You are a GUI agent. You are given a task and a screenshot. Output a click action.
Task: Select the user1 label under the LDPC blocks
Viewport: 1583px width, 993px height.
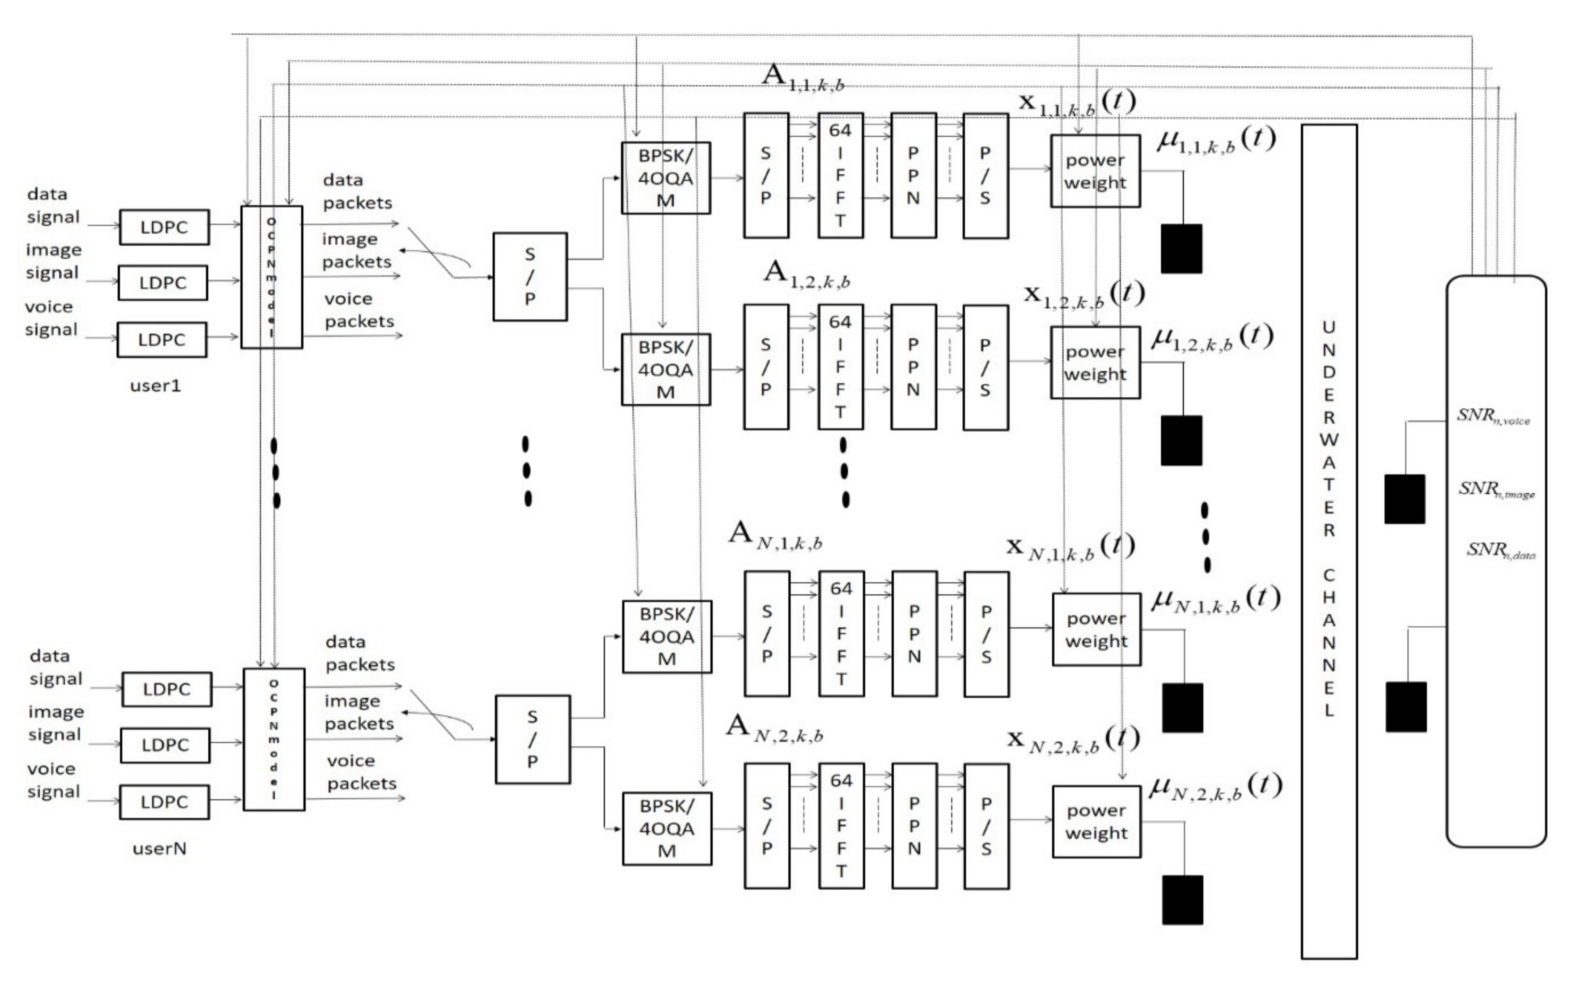[155, 386]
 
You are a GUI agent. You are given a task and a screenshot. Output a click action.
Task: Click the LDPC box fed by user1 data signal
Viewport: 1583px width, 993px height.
[164, 227]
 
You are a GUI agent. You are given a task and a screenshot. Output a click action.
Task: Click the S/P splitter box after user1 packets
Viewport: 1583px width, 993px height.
[530, 276]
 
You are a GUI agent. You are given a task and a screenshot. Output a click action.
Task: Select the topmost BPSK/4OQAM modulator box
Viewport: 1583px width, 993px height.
[665, 178]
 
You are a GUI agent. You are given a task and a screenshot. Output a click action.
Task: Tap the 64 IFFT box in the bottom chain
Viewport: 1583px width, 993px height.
[841, 825]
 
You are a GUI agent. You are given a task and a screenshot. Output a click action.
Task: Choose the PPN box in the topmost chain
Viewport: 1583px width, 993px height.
[913, 175]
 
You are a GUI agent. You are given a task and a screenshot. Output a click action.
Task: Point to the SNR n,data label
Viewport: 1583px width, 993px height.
[1500, 550]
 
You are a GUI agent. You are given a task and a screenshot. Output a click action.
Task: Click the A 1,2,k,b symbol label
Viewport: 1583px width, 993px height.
[806, 275]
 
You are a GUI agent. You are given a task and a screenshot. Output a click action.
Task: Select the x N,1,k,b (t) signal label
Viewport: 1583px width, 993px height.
[1070, 547]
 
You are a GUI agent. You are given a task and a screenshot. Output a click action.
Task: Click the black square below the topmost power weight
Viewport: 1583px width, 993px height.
[1181, 249]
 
